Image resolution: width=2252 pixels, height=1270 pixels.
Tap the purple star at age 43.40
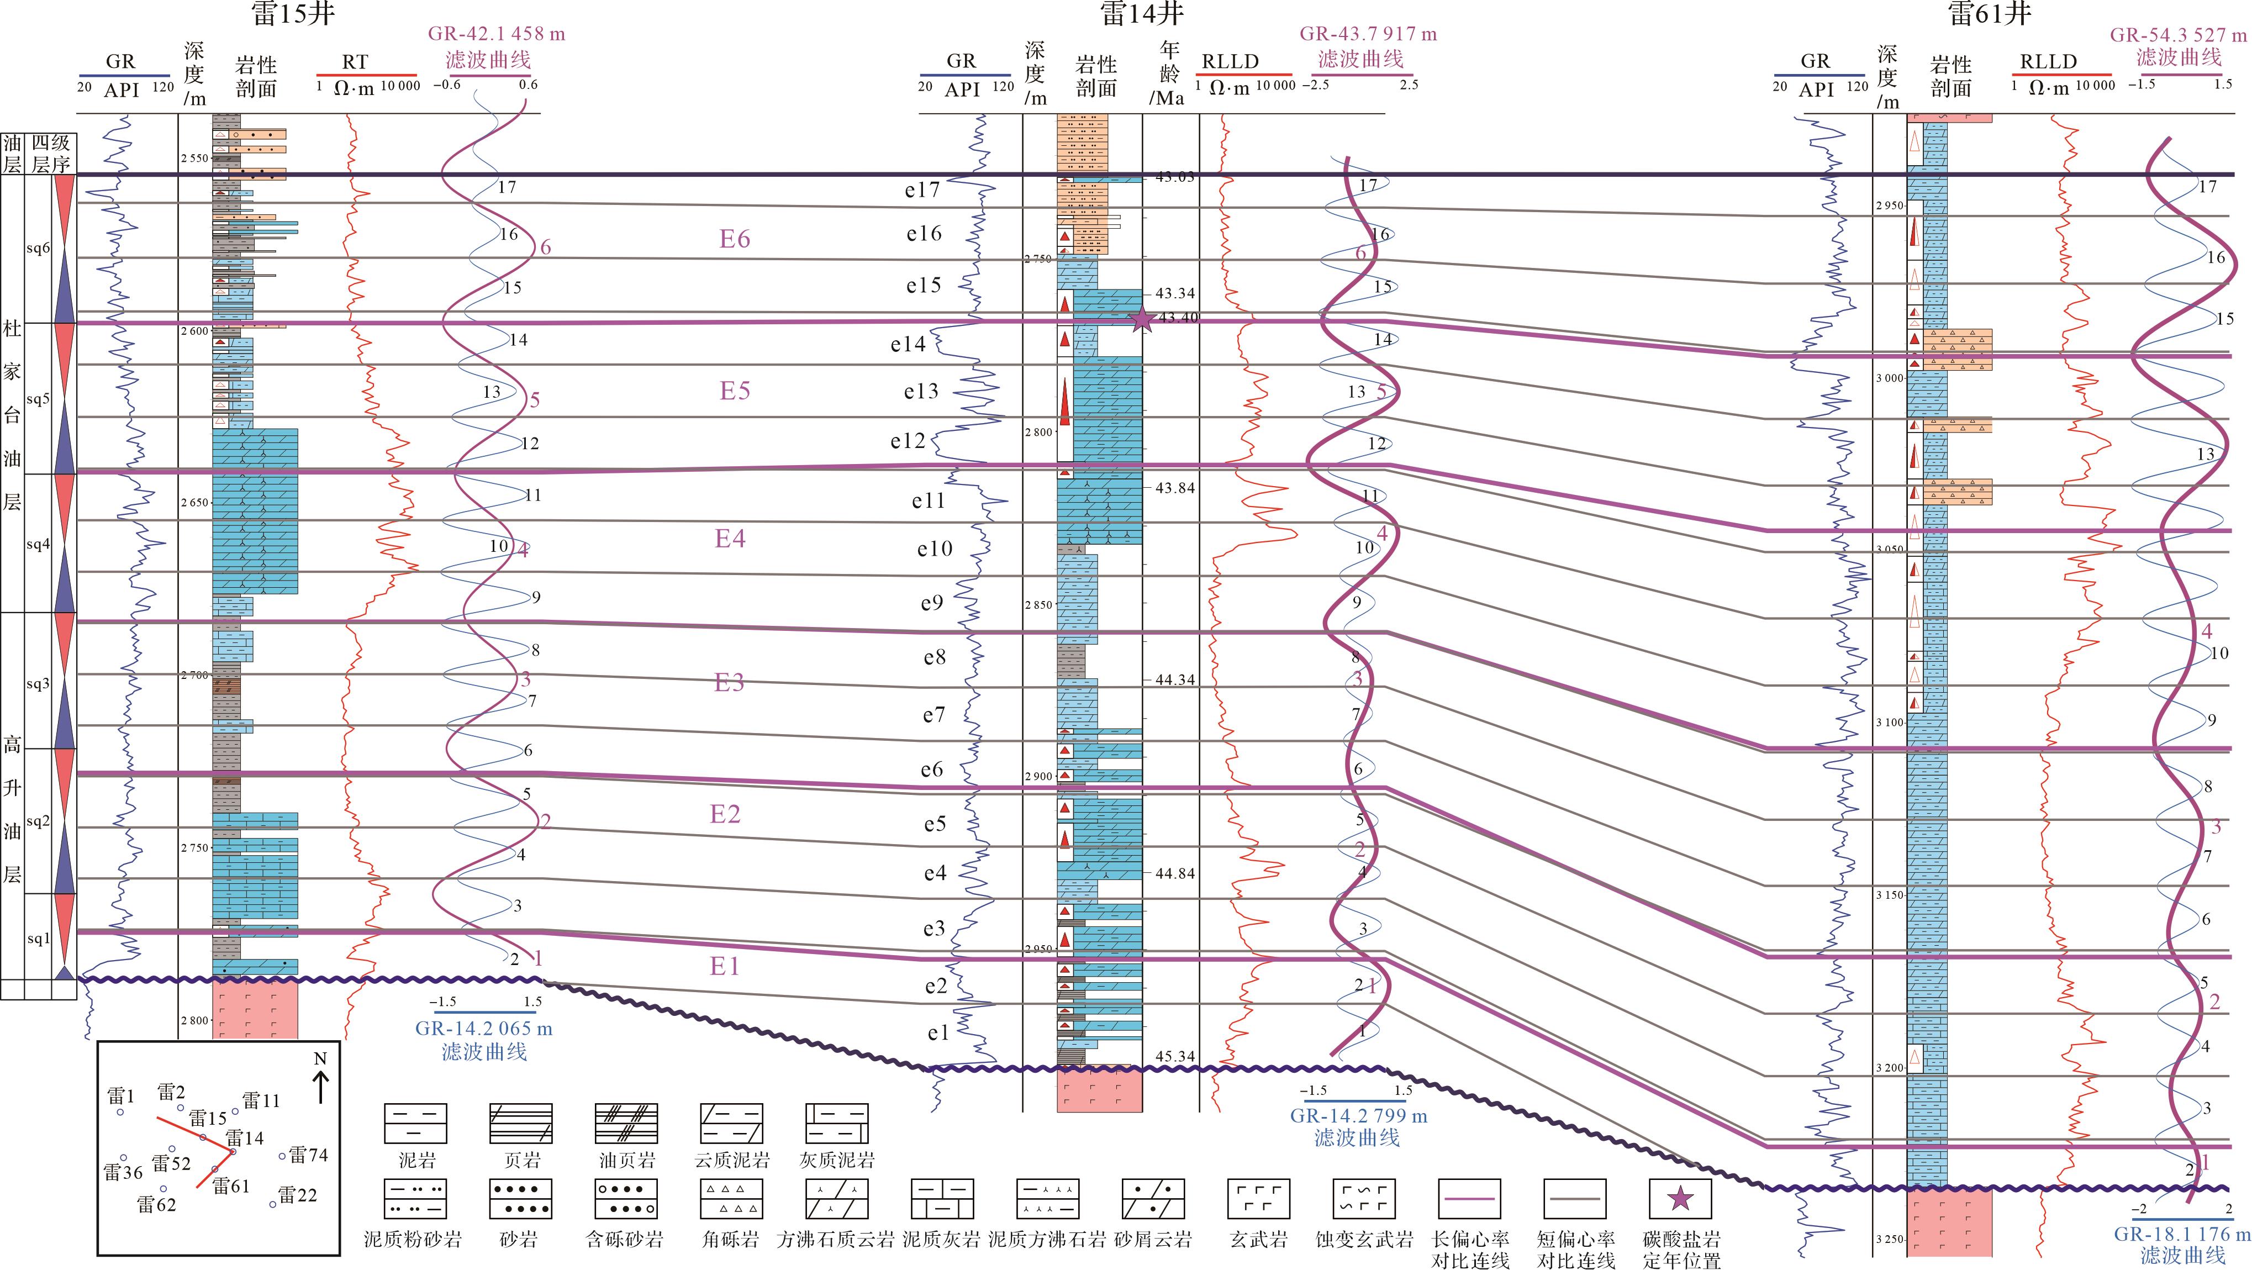[x=1142, y=319]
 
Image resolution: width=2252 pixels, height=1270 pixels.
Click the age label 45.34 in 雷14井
[x=1174, y=1056]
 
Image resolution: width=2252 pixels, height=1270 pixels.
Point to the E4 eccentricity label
[x=730, y=539]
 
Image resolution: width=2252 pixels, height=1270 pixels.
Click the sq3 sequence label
[x=38, y=683]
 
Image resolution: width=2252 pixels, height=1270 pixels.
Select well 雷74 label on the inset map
[x=308, y=1156]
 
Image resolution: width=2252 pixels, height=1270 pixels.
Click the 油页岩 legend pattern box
[x=625, y=1123]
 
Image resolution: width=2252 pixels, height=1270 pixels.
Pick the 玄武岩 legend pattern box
[x=1259, y=1199]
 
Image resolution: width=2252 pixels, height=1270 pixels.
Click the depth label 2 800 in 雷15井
[x=195, y=1019]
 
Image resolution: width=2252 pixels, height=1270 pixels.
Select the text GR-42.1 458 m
[x=495, y=34]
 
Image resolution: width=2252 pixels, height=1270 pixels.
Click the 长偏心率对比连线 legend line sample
[x=1469, y=1199]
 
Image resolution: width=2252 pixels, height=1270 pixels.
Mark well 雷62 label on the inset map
[x=156, y=1204]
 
